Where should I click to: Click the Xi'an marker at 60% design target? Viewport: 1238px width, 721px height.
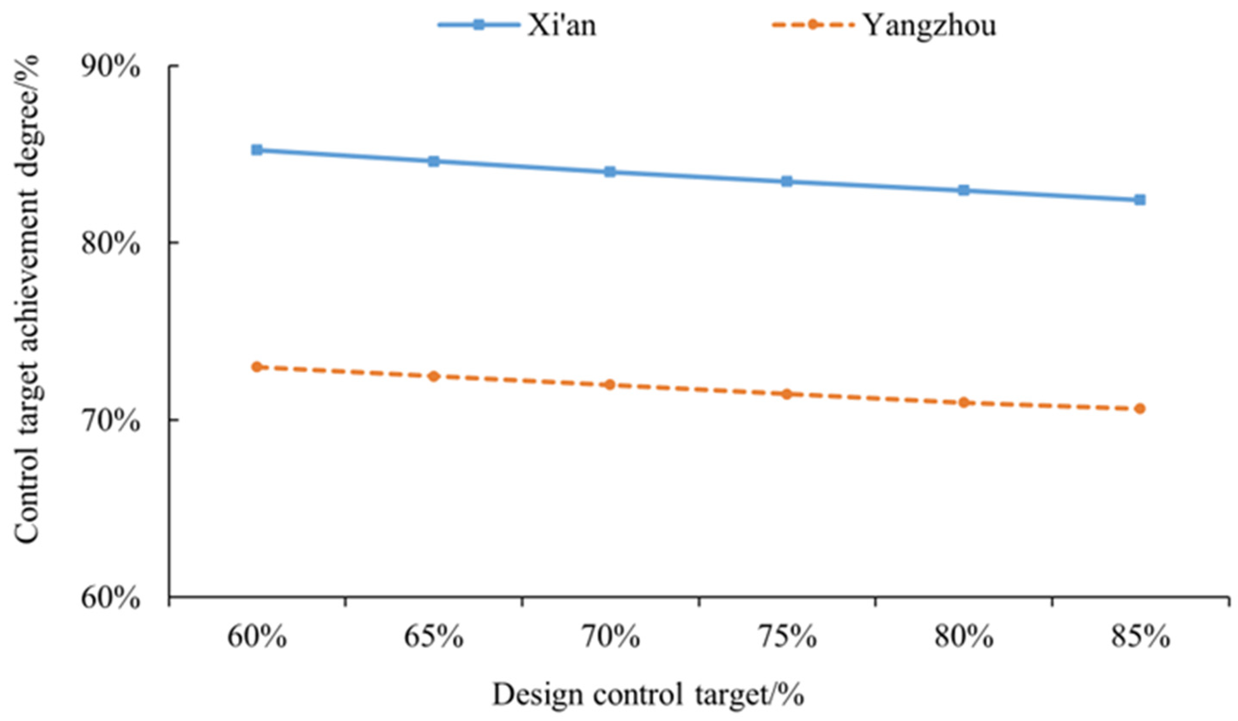257,150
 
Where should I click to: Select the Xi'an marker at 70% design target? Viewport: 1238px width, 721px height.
610,172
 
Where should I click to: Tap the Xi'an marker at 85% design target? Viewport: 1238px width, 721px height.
1140,200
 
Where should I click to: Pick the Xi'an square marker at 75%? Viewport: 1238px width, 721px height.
787,181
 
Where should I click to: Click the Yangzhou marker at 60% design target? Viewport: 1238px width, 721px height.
257,367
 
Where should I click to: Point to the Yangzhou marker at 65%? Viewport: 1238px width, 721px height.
433,376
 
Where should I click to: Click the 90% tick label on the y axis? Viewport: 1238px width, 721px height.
110,67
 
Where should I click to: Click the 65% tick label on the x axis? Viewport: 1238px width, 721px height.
434,638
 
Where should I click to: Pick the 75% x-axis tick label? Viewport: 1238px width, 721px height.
787,638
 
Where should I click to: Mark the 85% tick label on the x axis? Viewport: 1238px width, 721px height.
1140,638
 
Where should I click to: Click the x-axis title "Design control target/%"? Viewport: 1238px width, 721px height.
648,695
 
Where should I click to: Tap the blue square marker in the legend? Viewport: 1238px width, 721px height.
478,25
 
